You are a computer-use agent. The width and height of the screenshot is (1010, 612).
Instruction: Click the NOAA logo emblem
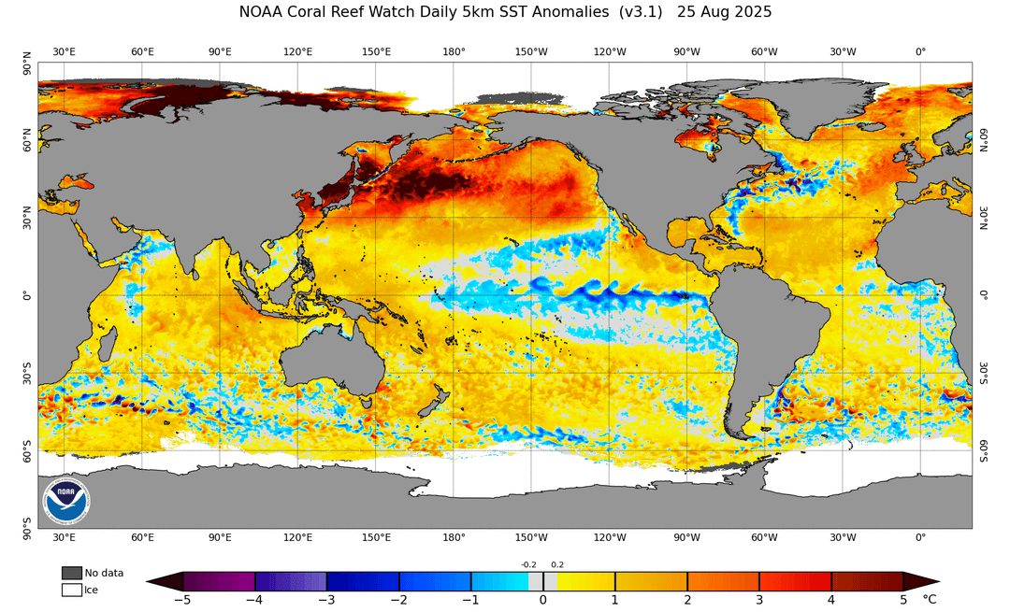click(x=66, y=501)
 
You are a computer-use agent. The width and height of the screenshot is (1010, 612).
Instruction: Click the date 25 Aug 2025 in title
click(x=724, y=11)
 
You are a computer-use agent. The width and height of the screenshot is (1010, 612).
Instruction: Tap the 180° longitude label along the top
click(x=454, y=51)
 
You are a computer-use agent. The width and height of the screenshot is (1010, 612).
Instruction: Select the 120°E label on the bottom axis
click(x=297, y=537)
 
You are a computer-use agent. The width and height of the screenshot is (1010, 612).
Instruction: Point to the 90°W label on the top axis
click(x=686, y=51)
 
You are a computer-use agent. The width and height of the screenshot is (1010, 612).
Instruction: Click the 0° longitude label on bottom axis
click(x=920, y=537)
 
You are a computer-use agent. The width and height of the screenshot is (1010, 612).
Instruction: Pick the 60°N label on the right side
click(x=984, y=139)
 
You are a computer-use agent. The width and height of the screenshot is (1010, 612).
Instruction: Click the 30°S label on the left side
click(x=26, y=373)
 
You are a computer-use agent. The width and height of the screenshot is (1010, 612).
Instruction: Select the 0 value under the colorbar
click(x=543, y=600)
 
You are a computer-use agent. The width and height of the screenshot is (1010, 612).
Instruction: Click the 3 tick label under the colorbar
click(x=759, y=600)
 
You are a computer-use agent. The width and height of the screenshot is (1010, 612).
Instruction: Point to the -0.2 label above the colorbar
click(x=528, y=565)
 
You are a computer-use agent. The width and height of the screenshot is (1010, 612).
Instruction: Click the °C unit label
click(x=929, y=600)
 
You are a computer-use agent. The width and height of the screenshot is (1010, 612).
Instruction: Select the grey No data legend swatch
click(x=71, y=573)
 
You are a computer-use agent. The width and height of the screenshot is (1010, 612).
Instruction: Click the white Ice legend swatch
click(x=71, y=590)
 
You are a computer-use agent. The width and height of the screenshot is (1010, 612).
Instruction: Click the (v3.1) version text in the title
click(x=641, y=11)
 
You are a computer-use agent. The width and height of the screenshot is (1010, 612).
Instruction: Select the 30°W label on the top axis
click(x=843, y=51)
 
